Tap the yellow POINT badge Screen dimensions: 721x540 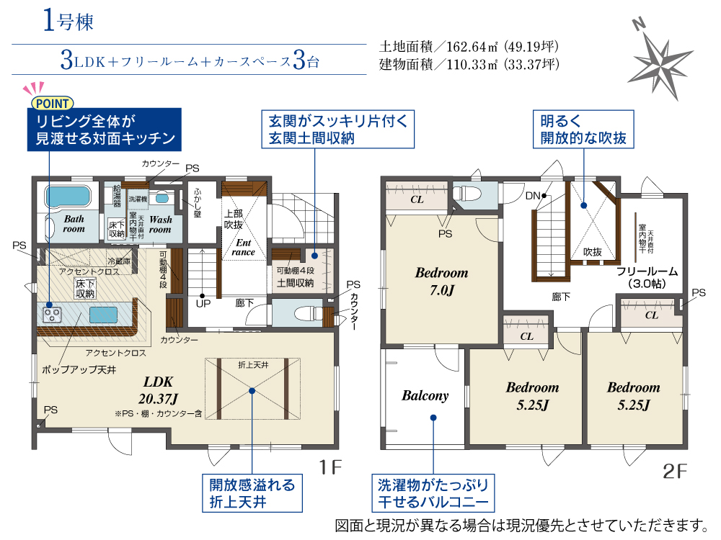[52, 104]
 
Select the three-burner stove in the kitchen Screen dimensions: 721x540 [51, 315]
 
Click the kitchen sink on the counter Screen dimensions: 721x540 [103, 315]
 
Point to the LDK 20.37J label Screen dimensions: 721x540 [158, 390]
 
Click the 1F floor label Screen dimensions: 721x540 [331, 467]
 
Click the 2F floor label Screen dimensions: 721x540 [675, 471]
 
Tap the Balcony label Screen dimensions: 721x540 [425, 395]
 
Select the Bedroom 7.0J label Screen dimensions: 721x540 [441, 281]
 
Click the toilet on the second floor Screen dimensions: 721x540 [468, 193]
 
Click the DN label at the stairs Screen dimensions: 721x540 [533, 196]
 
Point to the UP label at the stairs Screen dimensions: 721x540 [203, 304]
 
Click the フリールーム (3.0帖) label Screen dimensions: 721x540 [647, 277]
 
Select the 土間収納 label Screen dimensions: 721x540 [295, 283]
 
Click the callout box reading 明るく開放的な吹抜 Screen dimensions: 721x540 [583, 129]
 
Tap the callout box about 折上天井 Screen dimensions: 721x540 [252, 493]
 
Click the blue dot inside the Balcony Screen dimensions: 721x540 [433, 418]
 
